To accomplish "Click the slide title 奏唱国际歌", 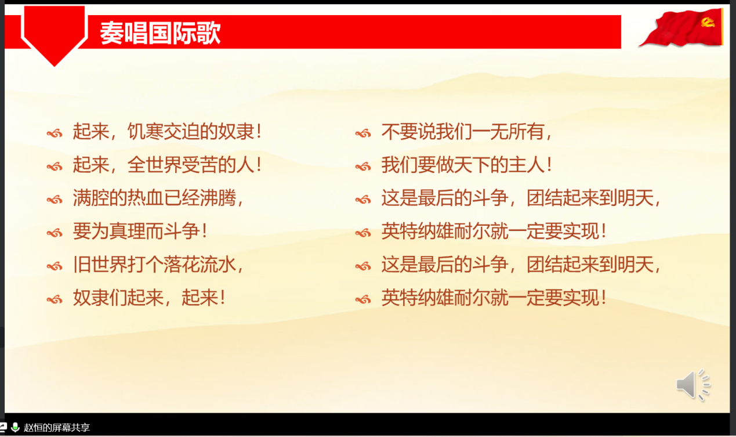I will pyautogui.click(x=160, y=33).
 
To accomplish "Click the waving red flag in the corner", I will pyautogui.click(x=681, y=28).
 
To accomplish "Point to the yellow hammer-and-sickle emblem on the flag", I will pyautogui.click(x=708, y=23).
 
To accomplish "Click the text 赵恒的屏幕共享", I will pyautogui.click(x=56, y=428).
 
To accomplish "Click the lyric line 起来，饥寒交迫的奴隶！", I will pyautogui.click(x=168, y=132).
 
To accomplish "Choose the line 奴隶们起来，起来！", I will pyautogui.click(x=149, y=298).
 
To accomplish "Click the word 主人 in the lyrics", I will pyautogui.click(x=527, y=165).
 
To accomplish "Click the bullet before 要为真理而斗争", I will pyautogui.click(x=55, y=233).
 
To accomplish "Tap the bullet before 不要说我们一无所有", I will pyautogui.click(x=363, y=133).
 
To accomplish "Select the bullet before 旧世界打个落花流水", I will pyautogui.click(x=55, y=266).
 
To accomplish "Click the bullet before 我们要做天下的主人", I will pyautogui.click(x=363, y=167).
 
